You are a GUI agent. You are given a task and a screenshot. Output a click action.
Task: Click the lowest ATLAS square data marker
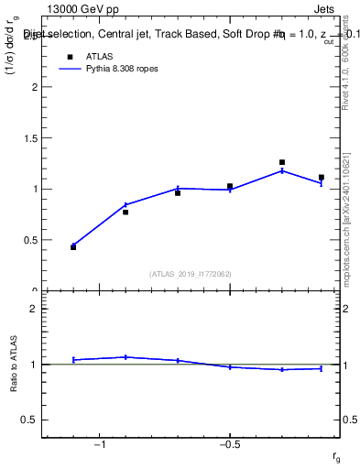click(73, 247)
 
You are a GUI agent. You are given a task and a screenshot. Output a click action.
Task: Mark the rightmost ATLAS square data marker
click(322, 177)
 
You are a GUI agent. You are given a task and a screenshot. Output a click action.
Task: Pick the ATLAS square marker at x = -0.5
click(230, 186)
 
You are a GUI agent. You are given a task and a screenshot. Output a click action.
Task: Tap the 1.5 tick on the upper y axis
click(30, 138)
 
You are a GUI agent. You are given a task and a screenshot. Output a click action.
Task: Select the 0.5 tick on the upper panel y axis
click(30, 240)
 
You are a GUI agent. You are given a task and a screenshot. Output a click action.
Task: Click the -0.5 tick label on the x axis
click(229, 444)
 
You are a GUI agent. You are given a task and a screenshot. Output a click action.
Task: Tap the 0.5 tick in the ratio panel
click(30, 420)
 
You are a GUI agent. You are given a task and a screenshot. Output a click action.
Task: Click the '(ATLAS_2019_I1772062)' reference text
click(191, 273)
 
